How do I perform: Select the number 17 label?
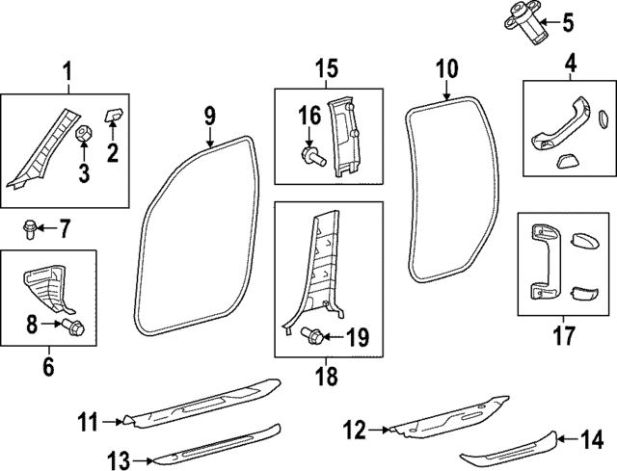coord(563,336)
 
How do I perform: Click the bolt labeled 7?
coord(31,229)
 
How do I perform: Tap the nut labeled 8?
coord(76,329)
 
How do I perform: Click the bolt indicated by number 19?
coord(312,335)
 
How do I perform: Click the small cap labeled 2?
coord(112,115)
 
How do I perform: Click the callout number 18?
coord(327,376)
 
